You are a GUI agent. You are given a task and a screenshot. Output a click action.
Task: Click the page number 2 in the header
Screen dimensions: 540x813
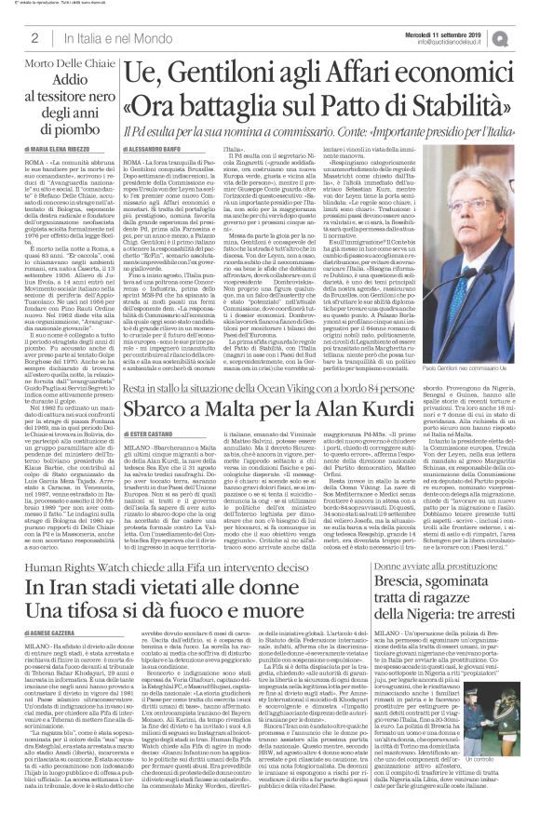[x=34, y=37]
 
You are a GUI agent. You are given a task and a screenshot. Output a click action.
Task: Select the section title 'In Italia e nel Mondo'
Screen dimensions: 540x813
[x=108, y=37]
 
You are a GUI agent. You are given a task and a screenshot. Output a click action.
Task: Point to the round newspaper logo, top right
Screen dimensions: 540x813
[x=524, y=36]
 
